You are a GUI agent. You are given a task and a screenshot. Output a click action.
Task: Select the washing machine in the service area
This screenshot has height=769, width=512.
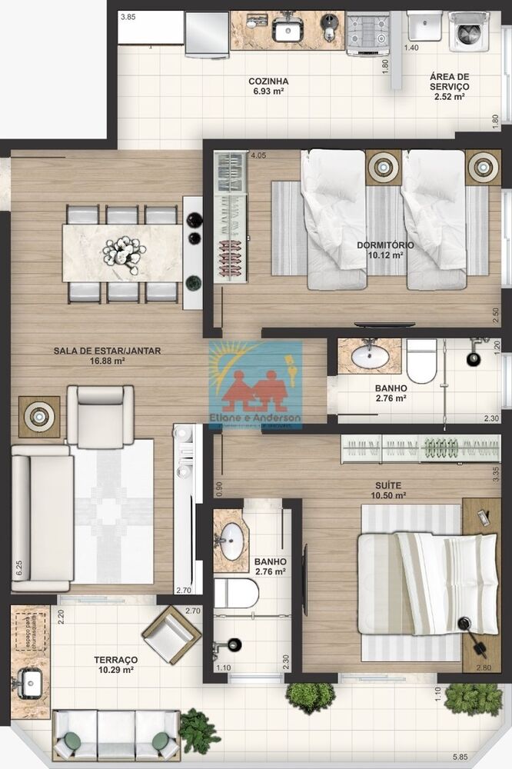click(x=469, y=32)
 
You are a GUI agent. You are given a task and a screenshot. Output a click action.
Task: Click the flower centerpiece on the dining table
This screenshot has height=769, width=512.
click(x=124, y=251)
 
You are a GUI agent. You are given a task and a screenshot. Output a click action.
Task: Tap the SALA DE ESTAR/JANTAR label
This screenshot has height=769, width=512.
click(x=107, y=355)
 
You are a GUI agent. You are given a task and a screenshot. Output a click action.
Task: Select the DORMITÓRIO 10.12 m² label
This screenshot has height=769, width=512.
click(x=385, y=250)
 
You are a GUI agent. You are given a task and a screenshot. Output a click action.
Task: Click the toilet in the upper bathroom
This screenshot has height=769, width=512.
click(x=421, y=361)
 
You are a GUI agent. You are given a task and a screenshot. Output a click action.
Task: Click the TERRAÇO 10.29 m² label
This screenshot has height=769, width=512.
click(x=116, y=665)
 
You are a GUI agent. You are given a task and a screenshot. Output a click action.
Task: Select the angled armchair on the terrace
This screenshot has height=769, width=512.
click(x=171, y=634)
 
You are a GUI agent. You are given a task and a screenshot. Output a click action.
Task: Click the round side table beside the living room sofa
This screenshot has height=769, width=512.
click(x=38, y=416)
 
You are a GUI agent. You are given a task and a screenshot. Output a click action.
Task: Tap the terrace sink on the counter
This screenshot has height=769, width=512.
click(x=31, y=681)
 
